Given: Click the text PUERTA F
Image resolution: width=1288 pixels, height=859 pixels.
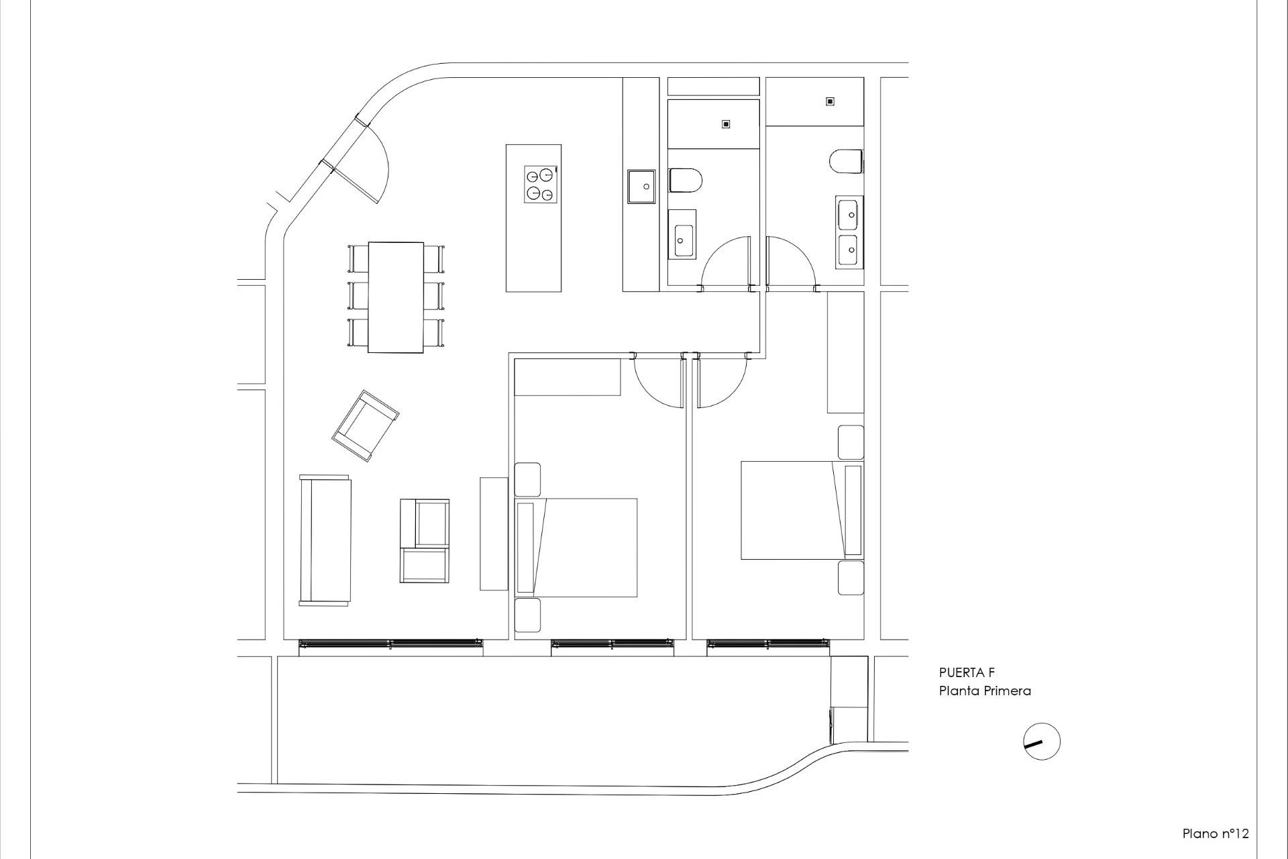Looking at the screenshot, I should [967, 673].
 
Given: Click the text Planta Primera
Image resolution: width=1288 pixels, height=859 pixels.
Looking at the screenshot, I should [984, 691].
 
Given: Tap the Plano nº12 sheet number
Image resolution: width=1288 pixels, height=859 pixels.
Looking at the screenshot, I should [1215, 833].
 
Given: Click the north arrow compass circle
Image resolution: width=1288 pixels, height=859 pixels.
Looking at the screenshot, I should [1042, 742].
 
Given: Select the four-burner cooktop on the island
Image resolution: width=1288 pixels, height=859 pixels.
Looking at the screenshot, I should [541, 184].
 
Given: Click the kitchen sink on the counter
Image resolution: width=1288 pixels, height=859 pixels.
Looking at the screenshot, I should [641, 186].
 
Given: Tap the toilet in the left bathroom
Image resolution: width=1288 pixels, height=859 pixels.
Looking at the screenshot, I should [685, 181].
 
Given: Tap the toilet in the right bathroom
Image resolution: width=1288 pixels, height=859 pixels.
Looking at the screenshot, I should [846, 161].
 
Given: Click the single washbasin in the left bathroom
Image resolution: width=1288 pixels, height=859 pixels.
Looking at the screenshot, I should [683, 233].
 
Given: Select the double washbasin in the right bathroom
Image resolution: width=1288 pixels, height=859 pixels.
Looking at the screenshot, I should [849, 232].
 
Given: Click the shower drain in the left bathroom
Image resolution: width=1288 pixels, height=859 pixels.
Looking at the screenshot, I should [725, 124].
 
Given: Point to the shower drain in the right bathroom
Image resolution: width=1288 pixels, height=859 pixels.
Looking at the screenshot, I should [830, 101].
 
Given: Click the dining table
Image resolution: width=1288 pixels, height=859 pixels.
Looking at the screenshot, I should [396, 297].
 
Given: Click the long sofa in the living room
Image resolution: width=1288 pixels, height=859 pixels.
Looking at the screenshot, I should [325, 540].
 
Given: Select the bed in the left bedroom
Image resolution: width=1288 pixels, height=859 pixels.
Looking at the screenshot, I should [576, 547].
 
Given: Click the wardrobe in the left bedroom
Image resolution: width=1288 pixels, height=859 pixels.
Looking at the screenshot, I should [567, 377].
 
